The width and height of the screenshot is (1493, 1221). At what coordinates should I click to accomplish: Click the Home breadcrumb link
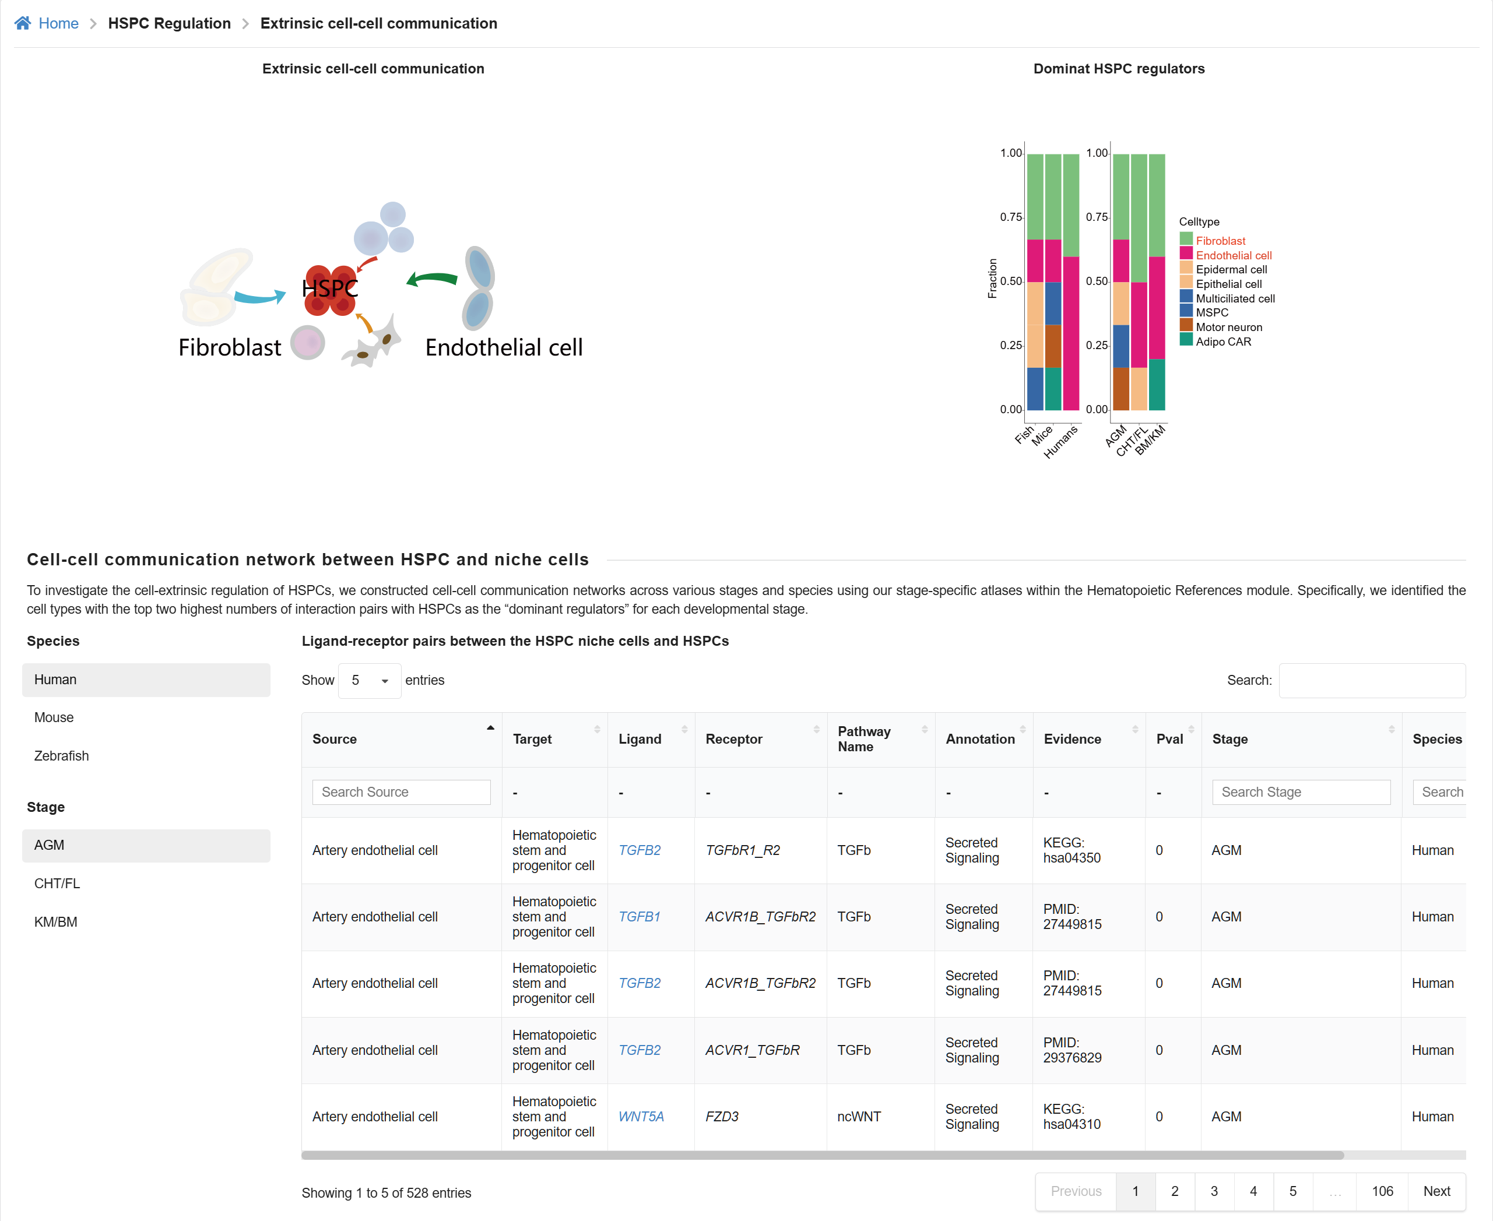point(58,23)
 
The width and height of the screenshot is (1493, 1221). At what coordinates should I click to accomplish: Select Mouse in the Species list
point(54,717)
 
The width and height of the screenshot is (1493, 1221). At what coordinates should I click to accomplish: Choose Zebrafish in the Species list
point(61,755)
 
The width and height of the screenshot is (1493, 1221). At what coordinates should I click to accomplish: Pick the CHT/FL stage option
point(57,884)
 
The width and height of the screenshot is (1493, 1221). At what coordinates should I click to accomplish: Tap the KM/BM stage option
point(55,922)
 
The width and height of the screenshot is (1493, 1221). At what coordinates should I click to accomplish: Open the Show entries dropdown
point(370,680)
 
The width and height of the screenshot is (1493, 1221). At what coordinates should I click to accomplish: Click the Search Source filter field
point(401,792)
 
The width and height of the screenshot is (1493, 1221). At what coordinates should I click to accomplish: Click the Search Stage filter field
point(1301,792)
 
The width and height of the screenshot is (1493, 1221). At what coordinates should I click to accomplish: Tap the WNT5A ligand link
point(640,1116)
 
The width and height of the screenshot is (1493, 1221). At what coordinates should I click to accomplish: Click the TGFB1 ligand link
point(639,916)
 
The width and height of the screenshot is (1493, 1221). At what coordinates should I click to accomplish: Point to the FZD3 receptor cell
point(722,1116)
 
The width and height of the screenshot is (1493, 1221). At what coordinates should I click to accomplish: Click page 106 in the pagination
point(1382,1191)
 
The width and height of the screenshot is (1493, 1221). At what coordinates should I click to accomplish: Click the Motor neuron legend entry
point(1228,327)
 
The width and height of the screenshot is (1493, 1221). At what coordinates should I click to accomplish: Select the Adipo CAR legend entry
point(1223,342)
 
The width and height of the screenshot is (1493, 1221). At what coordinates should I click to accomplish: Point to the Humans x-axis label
point(1060,442)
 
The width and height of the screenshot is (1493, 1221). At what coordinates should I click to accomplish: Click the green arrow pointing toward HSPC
point(432,280)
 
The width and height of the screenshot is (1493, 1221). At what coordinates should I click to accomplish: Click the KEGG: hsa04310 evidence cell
point(1072,1116)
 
